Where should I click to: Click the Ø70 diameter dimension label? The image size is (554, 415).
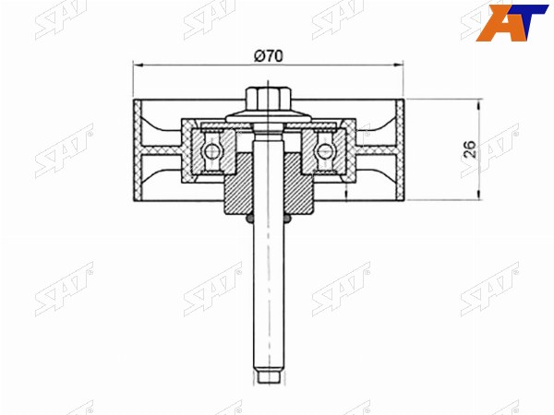click(269, 56)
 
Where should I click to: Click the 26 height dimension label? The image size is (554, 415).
click(470, 149)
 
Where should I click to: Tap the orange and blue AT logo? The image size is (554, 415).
click(512, 22)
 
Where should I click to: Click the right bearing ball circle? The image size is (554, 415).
click(324, 151)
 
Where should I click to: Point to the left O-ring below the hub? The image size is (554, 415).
click(249, 219)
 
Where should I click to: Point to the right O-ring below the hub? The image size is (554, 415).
click(287, 219)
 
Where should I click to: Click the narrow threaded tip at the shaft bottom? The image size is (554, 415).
click(269, 377)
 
